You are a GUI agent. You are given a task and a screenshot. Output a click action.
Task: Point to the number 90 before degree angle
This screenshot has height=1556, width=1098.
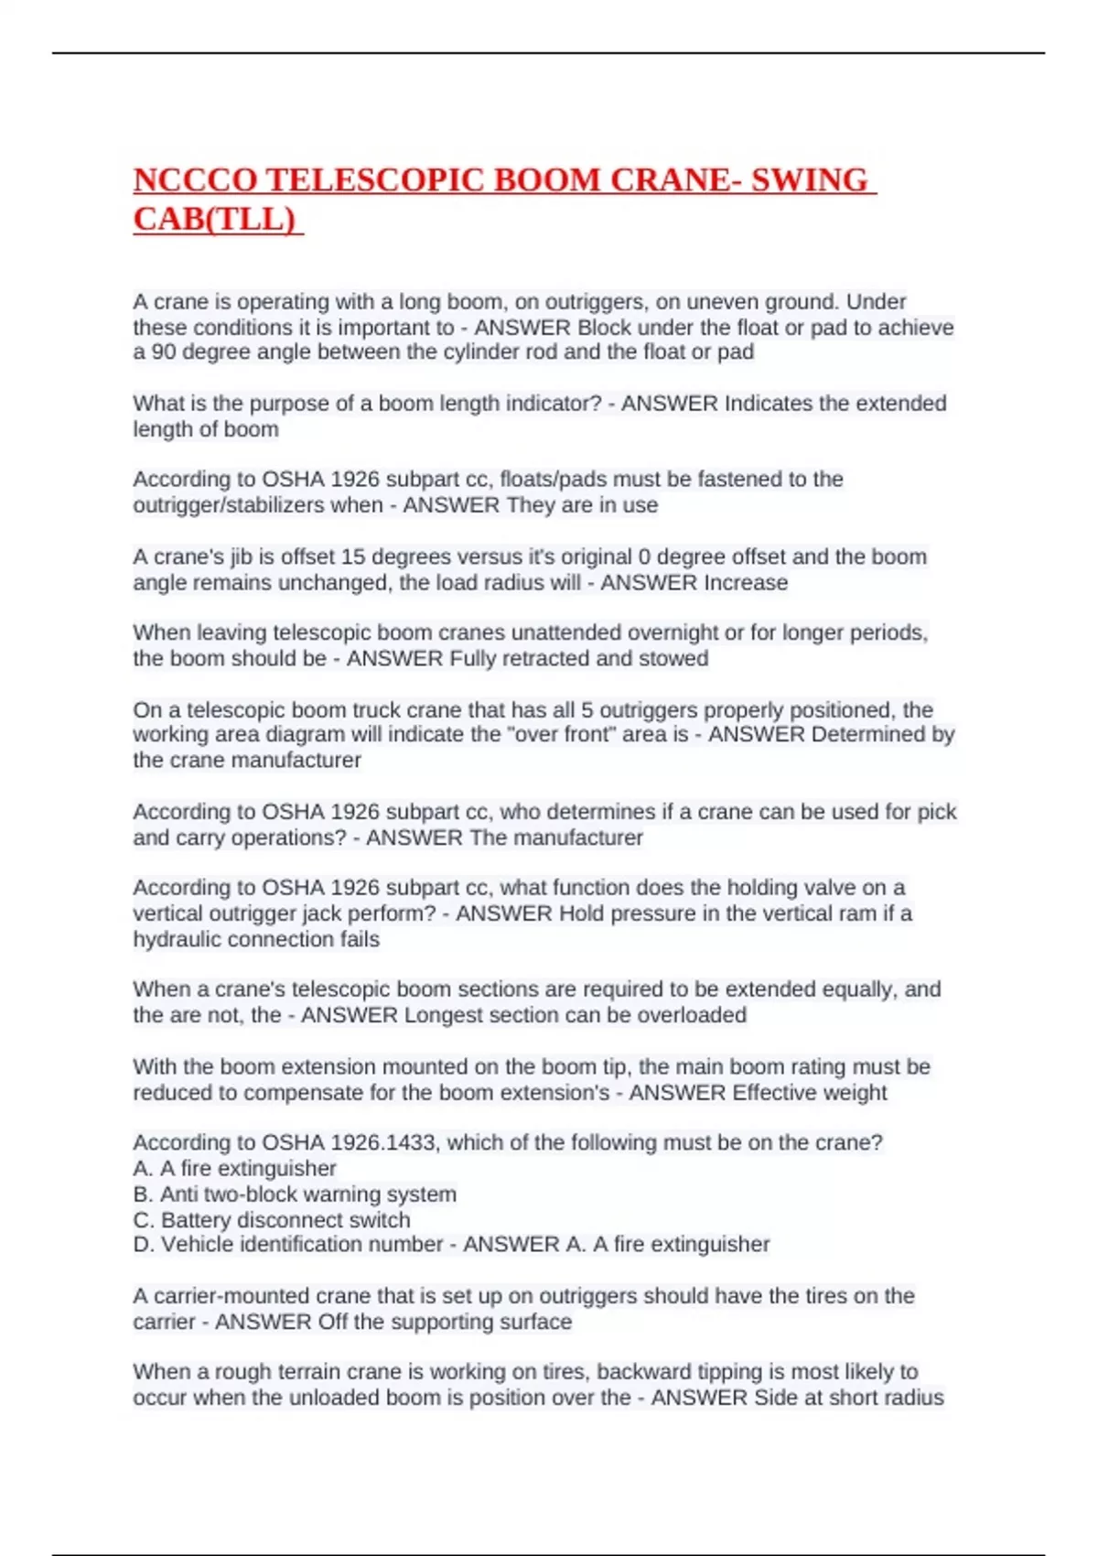click(x=164, y=352)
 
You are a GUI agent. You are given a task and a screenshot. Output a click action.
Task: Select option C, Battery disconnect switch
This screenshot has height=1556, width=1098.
click(x=272, y=1220)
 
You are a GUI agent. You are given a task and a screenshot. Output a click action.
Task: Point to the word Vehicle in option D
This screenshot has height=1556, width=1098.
click(x=194, y=1245)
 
